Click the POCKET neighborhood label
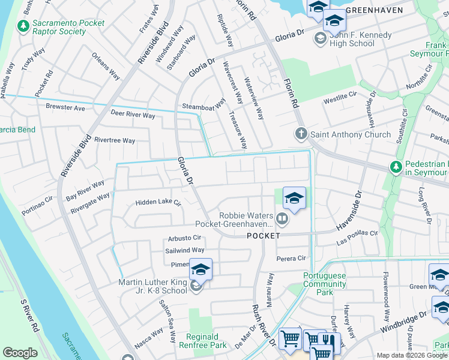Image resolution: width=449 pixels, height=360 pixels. click(264, 236)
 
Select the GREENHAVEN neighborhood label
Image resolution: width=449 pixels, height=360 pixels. click(384, 10)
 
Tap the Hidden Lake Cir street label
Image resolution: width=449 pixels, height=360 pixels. click(158, 203)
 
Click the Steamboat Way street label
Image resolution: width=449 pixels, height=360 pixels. click(203, 103)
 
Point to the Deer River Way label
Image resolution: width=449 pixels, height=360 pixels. click(133, 114)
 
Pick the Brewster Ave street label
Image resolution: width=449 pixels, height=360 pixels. click(65, 107)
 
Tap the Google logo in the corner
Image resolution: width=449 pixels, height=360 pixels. click(20, 352)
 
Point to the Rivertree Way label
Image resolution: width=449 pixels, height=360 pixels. click(115, 140)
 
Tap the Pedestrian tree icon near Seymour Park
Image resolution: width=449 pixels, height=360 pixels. click(395, 166)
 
